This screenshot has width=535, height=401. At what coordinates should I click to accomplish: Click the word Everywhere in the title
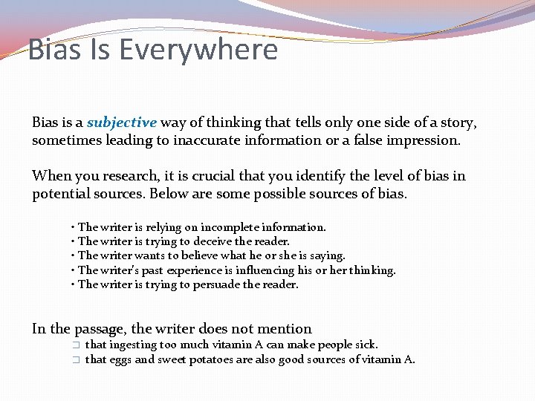(198, 50)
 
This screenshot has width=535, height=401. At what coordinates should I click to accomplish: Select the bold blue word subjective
(122, 123)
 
